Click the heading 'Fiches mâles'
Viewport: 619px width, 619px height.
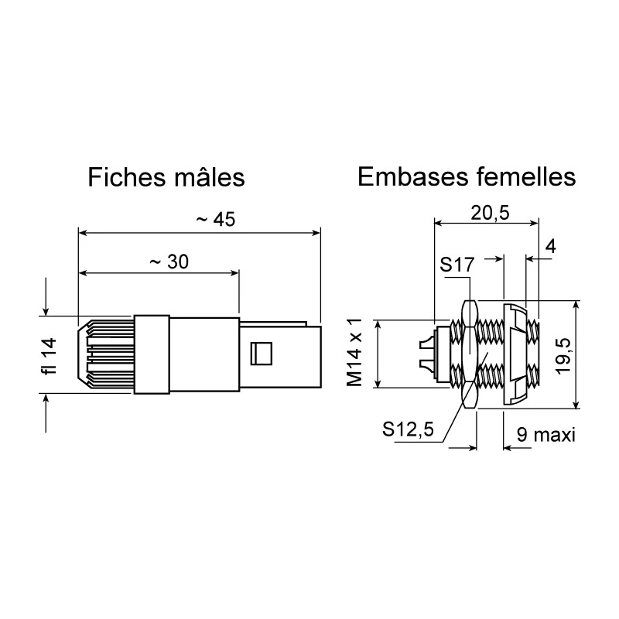[166, 177]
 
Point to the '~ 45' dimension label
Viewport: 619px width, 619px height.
[216, 220]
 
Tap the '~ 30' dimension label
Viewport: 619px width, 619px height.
[169, 262]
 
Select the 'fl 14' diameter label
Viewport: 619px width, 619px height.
[50, 357]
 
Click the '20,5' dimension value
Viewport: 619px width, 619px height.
[490, 214]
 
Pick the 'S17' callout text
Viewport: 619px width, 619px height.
[457, 265]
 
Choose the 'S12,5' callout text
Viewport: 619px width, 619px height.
[408, 429]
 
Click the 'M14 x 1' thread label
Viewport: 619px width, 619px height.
[354, 353]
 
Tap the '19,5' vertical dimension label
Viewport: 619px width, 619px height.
[563, 356]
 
